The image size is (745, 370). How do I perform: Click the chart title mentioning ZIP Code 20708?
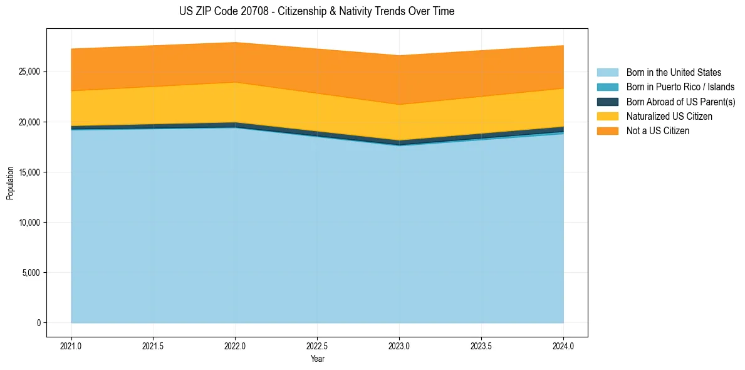pyautogui.click(x=316, y=11)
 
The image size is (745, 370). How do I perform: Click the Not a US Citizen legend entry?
pyautogui.click(x=657, y=130)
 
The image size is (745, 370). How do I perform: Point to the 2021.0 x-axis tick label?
pyautogui.click(x=71, y=346)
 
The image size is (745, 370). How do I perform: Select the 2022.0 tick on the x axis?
pyautogui.click(x=235, y=346)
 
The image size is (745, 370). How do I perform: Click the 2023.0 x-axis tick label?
pyautogui.click(x=399, y=346)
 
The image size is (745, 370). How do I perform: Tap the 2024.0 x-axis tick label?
pyautogui.click(x=563, y=346)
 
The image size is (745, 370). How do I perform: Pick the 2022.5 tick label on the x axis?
pyautogui.click(x=317, y=346)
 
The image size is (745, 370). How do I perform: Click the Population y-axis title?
pyautogui.click(x=10, y=182)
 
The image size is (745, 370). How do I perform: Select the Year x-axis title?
pyautogui.click(x=317, y=359)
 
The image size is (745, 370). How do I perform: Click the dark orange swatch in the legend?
pyautogui.click(x=607, y=130)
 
